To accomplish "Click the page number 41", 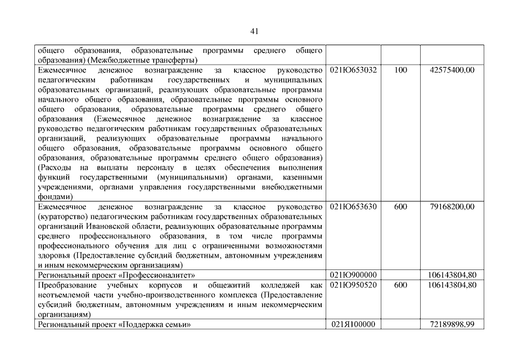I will pyautogui.click(x=254, y=30).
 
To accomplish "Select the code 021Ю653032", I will pyautogui.click(x=353, y=70).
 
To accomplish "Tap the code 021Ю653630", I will pyautogui.click(x=353, y=206).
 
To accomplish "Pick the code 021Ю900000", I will pyautogui.click(x=353, y=274).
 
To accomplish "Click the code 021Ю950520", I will pyautogui.click(x=353, y=285).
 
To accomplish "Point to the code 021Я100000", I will pyautogui.click(x=353, y=325).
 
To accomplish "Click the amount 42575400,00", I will pyautogui.click(x=452, y=70).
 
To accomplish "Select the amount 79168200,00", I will pyautogui.click(x=452, y=206).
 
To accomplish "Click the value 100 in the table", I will pyautogui.click(x=400, y=70).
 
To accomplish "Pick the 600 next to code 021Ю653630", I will pyautogui.click(x=400, y=206).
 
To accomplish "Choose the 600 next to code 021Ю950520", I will pyautogui.click(x=400, y=285).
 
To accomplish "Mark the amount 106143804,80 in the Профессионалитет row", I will pyautogui.click(x=452, y=274).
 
